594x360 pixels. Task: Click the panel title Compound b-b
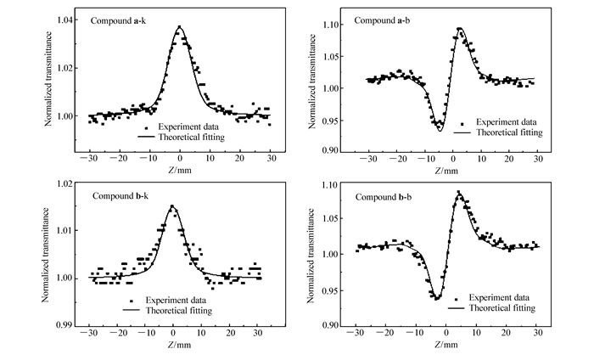(383, 197)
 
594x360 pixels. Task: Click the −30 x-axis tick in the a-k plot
(87, 159)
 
